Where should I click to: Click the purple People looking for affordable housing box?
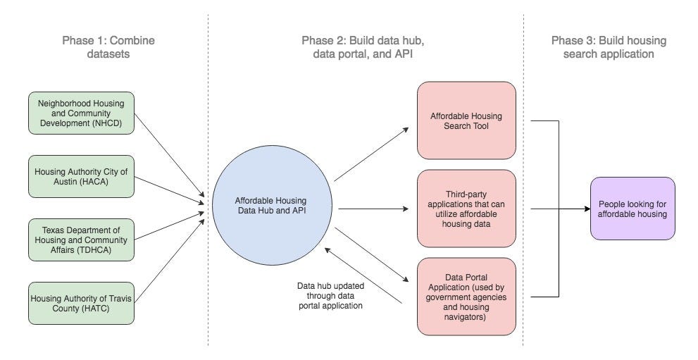[632, 208]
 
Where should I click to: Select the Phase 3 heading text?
[603, 47]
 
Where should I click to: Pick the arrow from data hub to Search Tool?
[371, 154]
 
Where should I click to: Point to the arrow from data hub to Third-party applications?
[373, 209]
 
